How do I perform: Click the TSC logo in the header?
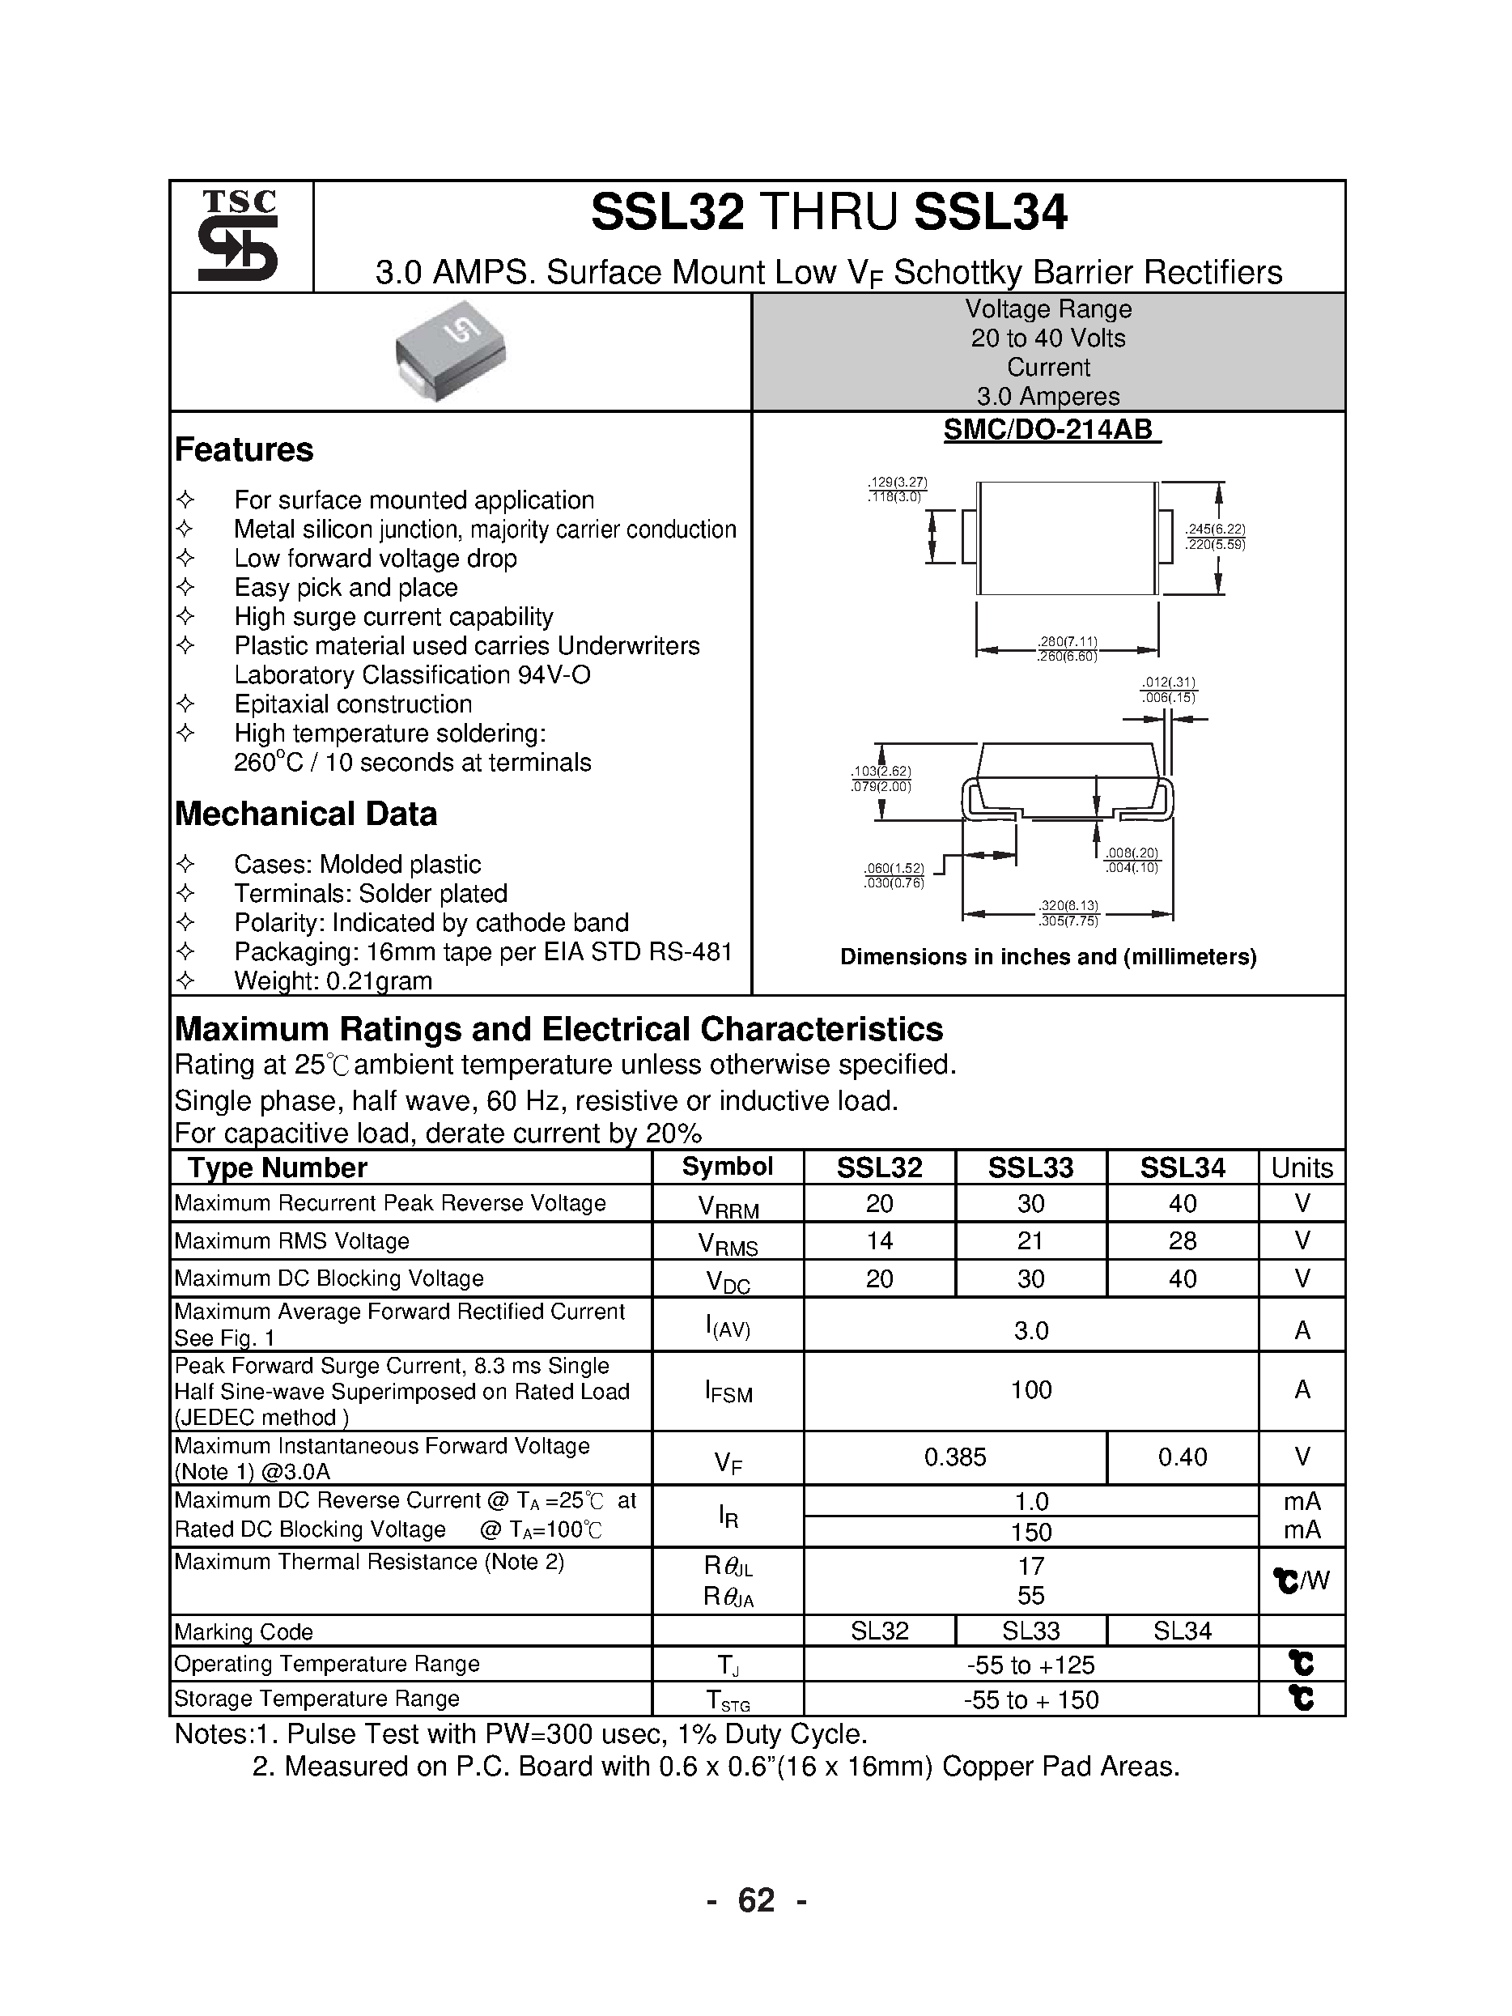[239, 236]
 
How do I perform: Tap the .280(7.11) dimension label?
[1068, 641]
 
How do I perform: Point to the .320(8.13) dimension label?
[1068, 906]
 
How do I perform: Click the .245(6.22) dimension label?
[1215, 530]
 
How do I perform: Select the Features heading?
[244, 449]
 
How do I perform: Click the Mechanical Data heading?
[305, 813]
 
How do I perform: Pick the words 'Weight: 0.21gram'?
[333, 980]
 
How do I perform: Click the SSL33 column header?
[1030, 1167]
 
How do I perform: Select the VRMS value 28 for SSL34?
[1182, 1240]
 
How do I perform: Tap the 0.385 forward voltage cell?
[955, 1457]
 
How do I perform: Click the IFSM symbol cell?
[728, 1391]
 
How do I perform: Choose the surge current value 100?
[1030, 1390]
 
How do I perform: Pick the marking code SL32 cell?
[880, 1631]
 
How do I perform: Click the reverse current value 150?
[1030, 1531]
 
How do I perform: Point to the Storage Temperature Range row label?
[316, 1698]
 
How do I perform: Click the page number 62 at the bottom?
[755, 1900]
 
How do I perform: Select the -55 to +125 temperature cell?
[1030, 1665]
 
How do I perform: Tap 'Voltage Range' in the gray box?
[1048, 309]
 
